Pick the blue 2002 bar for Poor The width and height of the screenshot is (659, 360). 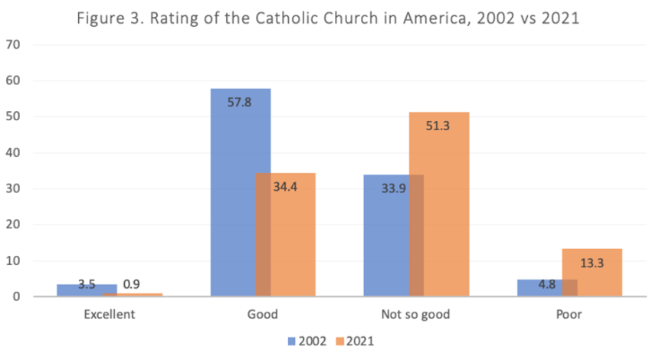pos(539,288)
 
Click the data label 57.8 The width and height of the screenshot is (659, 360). pos(240,102)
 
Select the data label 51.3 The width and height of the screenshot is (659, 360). pos(438,125)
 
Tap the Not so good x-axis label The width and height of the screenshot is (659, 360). pos(416,314)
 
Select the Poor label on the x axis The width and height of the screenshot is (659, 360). pos(569,314)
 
